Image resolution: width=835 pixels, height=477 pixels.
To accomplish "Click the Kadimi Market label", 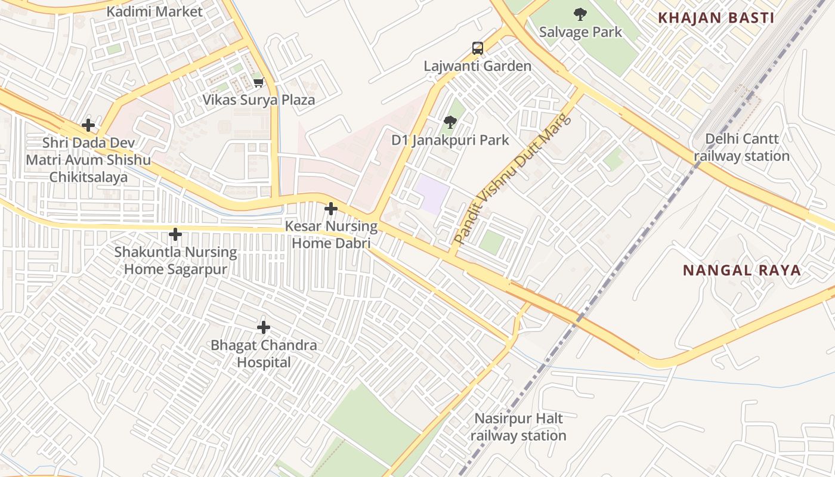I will (x=154, y=11).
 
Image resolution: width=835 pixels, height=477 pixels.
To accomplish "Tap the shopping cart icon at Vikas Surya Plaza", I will (x=258, y=82).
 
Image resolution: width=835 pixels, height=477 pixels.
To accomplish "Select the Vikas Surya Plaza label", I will (x=258, y=100).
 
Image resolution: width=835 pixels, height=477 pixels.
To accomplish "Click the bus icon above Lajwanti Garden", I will (x=477, y=48).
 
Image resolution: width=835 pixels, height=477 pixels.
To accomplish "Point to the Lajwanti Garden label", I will (x=477, y=66).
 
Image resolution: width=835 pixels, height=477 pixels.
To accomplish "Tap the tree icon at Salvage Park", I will (x=580, y=14).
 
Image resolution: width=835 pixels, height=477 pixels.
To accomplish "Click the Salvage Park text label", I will (x=580, y=32).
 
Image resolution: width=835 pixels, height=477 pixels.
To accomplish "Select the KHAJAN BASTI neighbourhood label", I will (x=716, y=18).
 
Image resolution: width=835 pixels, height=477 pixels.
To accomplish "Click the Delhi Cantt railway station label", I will (x=741, y=147).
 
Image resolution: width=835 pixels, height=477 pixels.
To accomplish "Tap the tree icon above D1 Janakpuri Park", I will (x=450, y=123).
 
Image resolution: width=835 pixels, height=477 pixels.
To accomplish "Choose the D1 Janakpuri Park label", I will (x=450, y=140).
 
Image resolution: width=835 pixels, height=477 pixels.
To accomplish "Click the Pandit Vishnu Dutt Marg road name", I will (x=512, y=178).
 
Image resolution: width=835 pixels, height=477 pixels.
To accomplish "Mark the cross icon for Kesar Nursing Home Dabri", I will (x=331, y=209).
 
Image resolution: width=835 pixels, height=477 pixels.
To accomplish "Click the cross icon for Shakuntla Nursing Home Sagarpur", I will (x=175, y=234).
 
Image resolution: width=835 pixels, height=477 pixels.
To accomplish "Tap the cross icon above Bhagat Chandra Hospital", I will (x=264, y=327).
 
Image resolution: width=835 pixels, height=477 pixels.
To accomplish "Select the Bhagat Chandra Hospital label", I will (x=264, y=354).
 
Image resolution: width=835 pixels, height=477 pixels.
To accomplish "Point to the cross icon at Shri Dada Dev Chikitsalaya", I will (x=88, y=125).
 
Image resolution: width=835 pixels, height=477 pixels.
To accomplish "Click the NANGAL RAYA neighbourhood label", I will (x=741, y=270).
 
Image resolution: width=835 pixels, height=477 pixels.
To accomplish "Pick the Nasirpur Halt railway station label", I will (x=518, y=427).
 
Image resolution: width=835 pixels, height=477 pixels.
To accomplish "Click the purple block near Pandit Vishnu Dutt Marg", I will (x=432, y=194).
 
